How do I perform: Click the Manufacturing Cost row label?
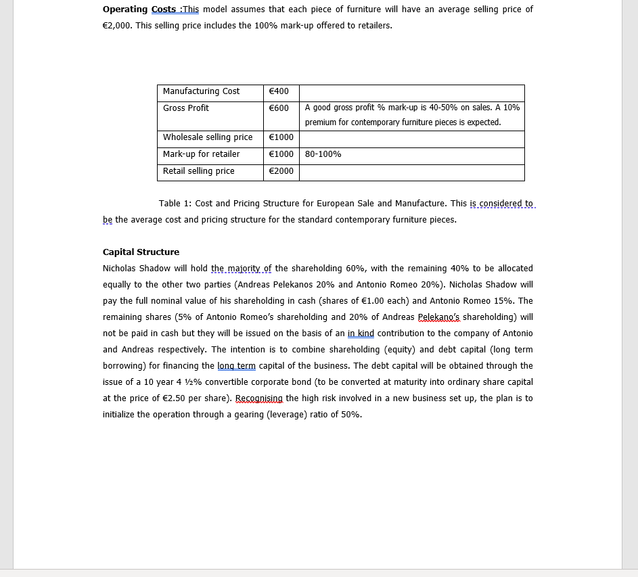[201, 91]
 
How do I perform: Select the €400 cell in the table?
[279, 91]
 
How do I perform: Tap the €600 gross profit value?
[279, 108]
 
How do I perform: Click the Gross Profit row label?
[186, 108]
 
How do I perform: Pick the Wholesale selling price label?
[208, 137]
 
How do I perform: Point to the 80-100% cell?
[323, 154]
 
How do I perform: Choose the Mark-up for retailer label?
[201, 154]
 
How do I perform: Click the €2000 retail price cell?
[281, 171]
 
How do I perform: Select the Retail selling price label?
[198, 171]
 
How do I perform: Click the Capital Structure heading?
[141, 252]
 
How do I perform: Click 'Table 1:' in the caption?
[175, 204]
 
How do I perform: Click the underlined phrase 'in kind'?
[361, 333]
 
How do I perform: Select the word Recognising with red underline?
[259, 398]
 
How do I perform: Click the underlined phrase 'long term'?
[236, 366]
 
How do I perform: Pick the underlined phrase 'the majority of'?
[242, 269]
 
